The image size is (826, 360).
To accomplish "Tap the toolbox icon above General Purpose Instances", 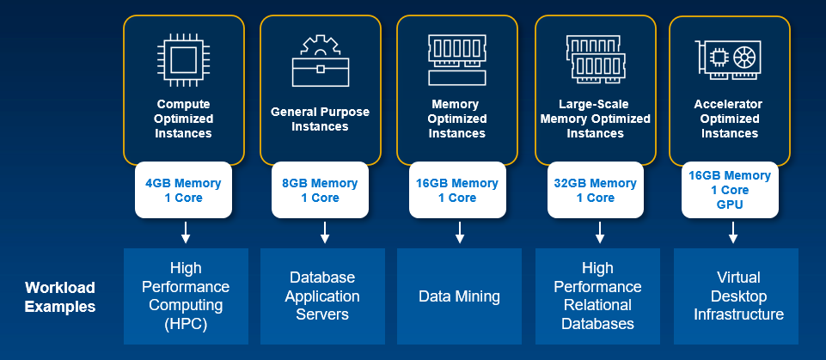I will [x=321, y=61].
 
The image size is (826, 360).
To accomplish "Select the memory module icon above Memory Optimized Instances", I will [x=457, y=59].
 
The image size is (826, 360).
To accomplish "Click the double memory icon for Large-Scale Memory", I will [x=596, y=58].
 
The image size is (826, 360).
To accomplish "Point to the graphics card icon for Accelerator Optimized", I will [x=729, y=58].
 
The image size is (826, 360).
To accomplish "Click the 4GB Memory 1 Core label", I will [x=182, y=190].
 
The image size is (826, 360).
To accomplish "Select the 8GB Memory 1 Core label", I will [x=320, y=190].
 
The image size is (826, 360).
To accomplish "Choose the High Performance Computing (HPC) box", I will [x=186, y=296].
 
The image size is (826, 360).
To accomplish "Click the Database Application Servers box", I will [x=322, y=296].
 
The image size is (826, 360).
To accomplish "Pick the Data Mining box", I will [x=459, y=296].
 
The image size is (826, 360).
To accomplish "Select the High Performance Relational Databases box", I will [x=597, y=296].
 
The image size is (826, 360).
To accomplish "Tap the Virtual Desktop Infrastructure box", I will [x=738, y=296].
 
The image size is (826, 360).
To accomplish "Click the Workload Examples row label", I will [x=59, y=296].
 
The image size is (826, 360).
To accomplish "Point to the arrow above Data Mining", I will [x=460, y=232].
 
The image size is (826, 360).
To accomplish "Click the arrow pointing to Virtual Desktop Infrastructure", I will [x=733, y=232].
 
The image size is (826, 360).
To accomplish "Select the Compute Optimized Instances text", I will [x=183, y=119].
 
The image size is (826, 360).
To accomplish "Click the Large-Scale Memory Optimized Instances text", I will [x=595, y=119].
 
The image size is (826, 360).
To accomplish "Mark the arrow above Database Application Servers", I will [x=324, y=232].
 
